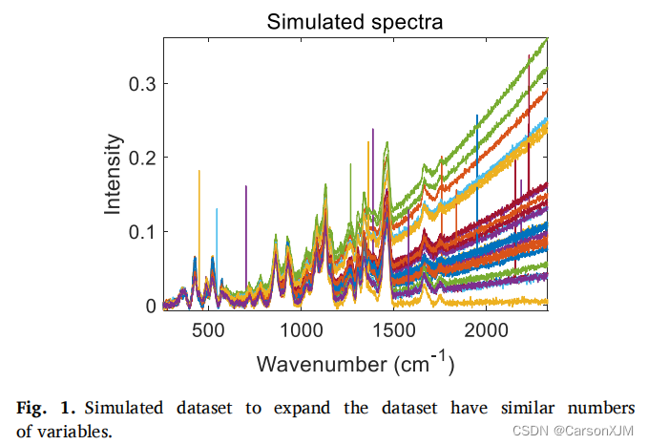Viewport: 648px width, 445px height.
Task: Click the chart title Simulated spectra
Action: click(x=354, y=20)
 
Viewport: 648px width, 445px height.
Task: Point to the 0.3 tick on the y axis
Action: click(x=141, y=84)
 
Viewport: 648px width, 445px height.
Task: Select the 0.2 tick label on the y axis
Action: click(x=141, y=158)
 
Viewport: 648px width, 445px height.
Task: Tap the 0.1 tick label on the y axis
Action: click(x=141, y=232)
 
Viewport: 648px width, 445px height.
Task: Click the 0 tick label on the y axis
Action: click(x=150, y=307)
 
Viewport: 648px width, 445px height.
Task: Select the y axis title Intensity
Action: click(x=114, y=174)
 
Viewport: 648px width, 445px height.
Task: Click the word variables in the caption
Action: click(x=75, y=431)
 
